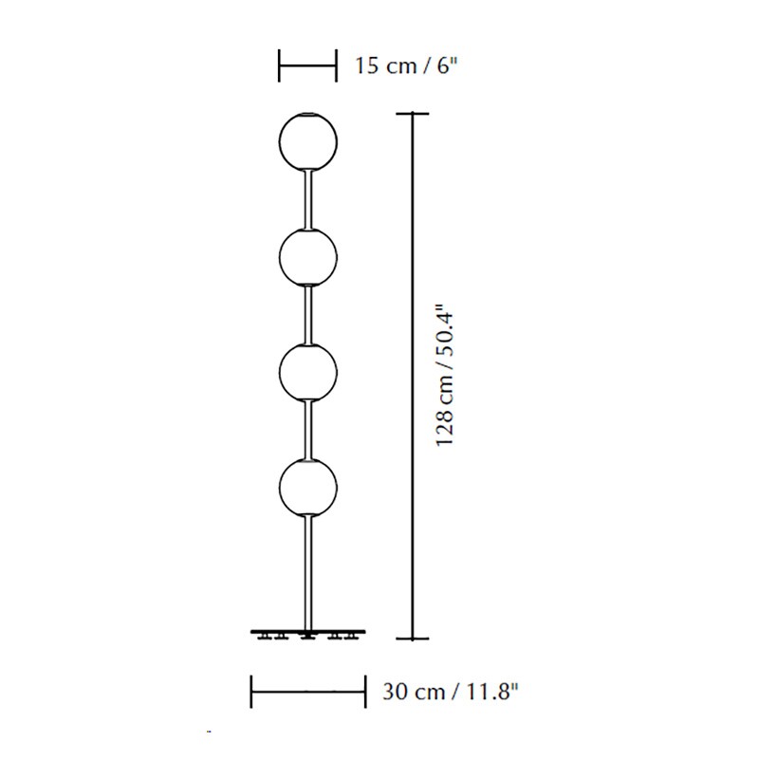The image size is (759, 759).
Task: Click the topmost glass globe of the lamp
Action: pyautogui.click(x=307, y=141)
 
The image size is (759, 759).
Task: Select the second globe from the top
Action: pyautogui.click(x=307, y=257)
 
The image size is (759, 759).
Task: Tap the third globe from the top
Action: pyautogui.click(x=307, y=372)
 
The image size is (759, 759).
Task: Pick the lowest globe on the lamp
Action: pyautogui.click(x=307, y=488)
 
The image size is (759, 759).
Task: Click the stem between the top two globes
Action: pyautogui.click(x=307, y=199)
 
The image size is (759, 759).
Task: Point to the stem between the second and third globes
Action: pyautogui.click(x=307, y=315)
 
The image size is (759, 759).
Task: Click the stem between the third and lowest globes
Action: pyautogui.click(x=307, y=430)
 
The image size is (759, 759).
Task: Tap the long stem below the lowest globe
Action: pyautogui.click(x=307, y=573)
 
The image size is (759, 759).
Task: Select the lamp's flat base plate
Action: pyautogui.click(x=307, y=632)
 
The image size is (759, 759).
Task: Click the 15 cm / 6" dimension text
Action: pyautogui.click(x=406, y=65)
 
